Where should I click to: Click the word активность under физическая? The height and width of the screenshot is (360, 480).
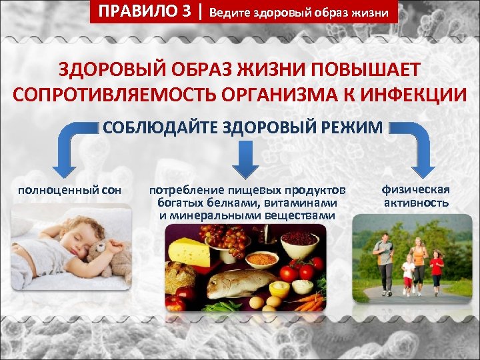pyautogui.click(x=416, y=203)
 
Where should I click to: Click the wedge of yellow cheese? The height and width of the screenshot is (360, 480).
pyautogui.click(x=189, y=251)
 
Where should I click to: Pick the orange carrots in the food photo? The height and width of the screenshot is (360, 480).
pyautogui.click(x=309, y=303)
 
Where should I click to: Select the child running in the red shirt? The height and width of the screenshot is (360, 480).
pyautogui.click(x=437, y=270)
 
